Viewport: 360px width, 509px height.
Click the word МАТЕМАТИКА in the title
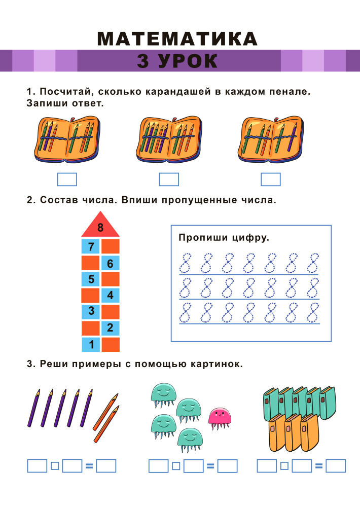(177, 39)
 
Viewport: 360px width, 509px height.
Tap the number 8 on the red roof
(100, 227)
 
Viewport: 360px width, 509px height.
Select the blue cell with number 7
(91, 246)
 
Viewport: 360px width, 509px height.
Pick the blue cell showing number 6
(111, 263)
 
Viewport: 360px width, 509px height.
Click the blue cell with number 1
(91, 344)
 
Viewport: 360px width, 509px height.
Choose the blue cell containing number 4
(111, 296)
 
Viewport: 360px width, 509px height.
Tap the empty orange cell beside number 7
(111, 246)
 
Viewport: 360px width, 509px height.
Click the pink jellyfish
(220, 419)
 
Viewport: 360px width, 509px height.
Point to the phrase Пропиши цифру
(224, 238)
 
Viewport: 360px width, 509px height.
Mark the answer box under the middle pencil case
(169, 179)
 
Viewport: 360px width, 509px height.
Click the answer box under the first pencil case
(67, 179)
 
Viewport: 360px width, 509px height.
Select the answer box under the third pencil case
(271, 179)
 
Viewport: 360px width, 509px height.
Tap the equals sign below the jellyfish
(210, 466)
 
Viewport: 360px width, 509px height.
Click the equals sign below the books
(319, 466)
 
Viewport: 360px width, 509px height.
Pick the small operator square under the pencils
(55, 466)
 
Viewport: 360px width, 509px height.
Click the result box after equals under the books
(336, 466)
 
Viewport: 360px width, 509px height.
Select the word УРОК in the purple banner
(188, 61)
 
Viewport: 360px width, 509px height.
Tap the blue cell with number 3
(91, 312)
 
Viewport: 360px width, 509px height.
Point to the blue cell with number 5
(91, 279)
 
